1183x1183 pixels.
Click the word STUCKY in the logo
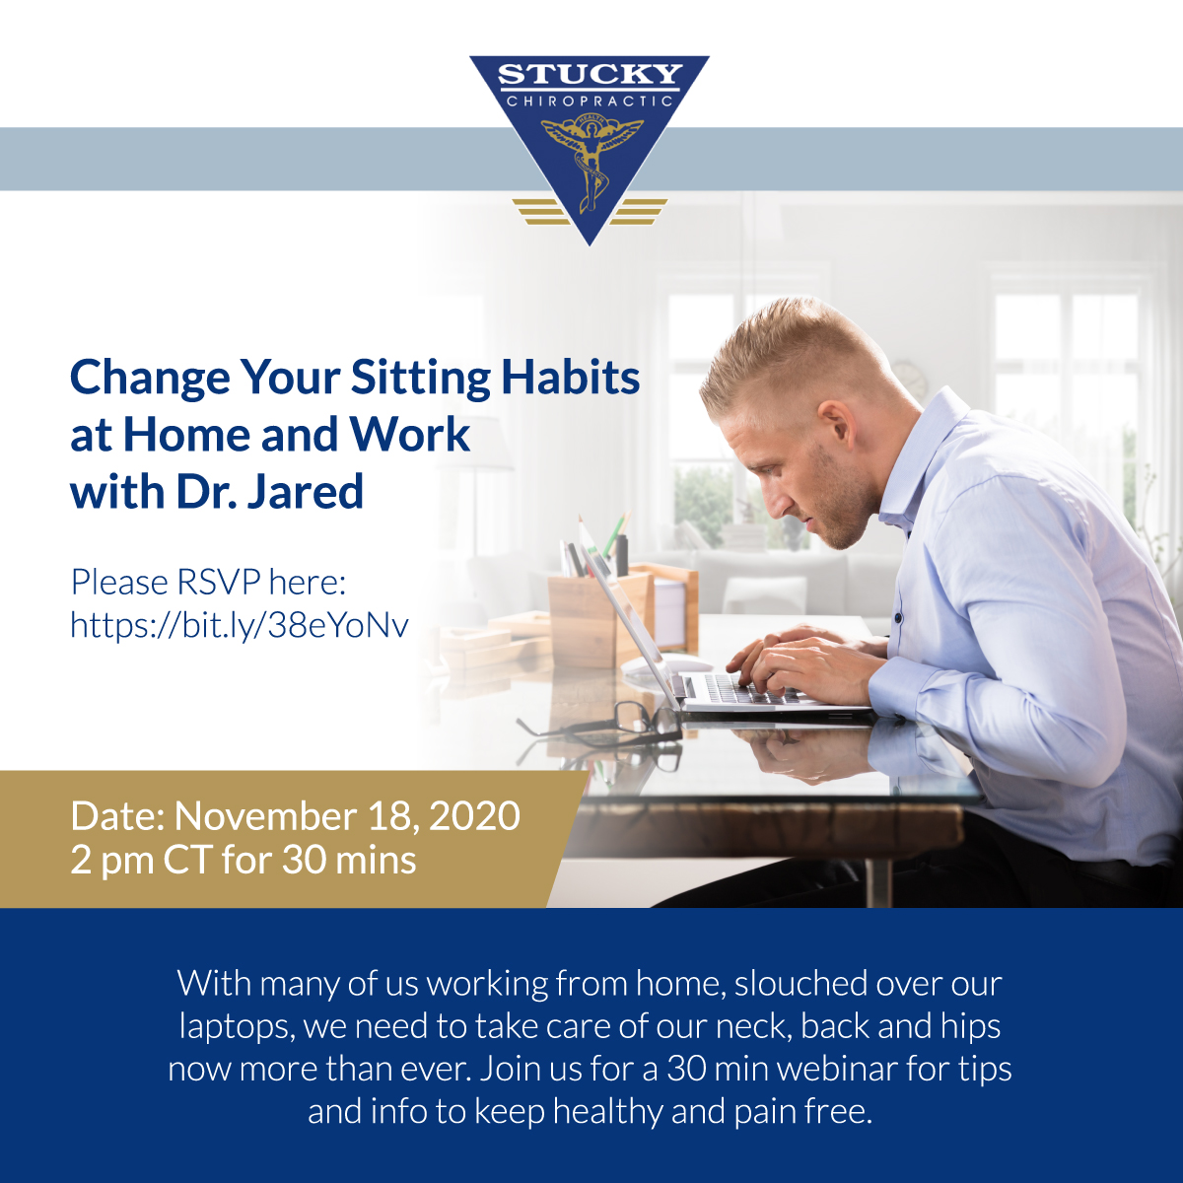pos(590,74)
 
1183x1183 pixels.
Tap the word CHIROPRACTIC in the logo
pos(590,102)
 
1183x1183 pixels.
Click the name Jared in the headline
pos(305,492)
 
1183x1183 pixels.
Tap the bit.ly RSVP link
pos(240,626)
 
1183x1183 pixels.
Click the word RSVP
pos(219,582)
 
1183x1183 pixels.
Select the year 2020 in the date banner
pos(474,816)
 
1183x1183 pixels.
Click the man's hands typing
pos(799,666)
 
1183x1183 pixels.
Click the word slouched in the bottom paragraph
pos(800,984)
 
